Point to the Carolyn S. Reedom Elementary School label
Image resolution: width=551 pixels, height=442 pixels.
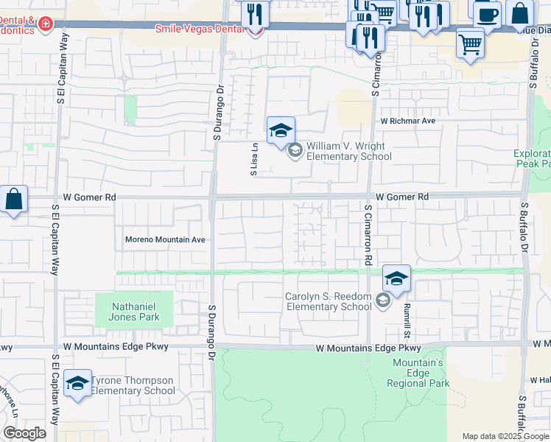tap(329, 302)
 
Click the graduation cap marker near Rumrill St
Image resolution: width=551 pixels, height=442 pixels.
tap(396, 279)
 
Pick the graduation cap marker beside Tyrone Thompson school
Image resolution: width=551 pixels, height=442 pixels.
tap(77, 384)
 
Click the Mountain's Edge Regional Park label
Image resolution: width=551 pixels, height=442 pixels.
tap(418, 373)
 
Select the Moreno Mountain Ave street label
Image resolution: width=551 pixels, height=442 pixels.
tap(165, 239)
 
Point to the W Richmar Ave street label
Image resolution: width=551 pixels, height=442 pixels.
tap(408, 120)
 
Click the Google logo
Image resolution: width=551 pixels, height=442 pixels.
tap(24, 433)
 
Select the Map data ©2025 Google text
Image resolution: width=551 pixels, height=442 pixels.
tap(505, 436)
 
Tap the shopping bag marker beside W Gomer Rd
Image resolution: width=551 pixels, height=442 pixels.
tap(13, 200)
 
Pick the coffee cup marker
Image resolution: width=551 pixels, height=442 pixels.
tap(486, 14)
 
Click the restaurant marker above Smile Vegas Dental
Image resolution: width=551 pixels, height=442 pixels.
tap(255, 13)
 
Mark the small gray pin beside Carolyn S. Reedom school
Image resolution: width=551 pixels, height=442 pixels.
tap(382, 301)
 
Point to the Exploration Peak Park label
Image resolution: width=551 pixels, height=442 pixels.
tap(532, 159)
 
